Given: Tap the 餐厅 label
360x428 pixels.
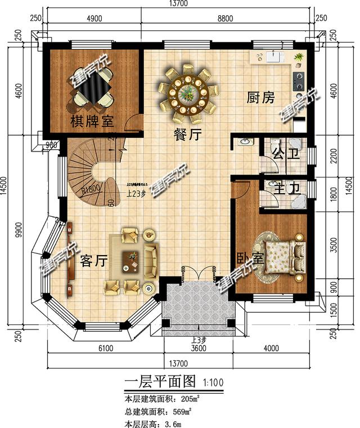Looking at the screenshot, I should point(188,134).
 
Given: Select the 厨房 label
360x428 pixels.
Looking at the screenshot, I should point(261,98).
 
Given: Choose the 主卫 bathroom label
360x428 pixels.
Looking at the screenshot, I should point(281,188).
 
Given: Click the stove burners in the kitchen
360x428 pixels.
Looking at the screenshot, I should point(298,81).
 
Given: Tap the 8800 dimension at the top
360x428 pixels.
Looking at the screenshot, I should point(225,19).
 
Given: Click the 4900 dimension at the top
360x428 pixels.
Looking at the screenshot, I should point(94,19).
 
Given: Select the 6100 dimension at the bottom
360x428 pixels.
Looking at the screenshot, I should point(105,349).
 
